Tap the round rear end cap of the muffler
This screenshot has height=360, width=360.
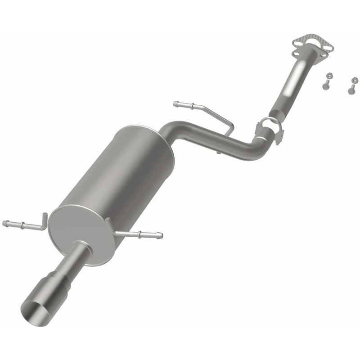[79, 234]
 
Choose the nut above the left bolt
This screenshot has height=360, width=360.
[328, 75]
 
